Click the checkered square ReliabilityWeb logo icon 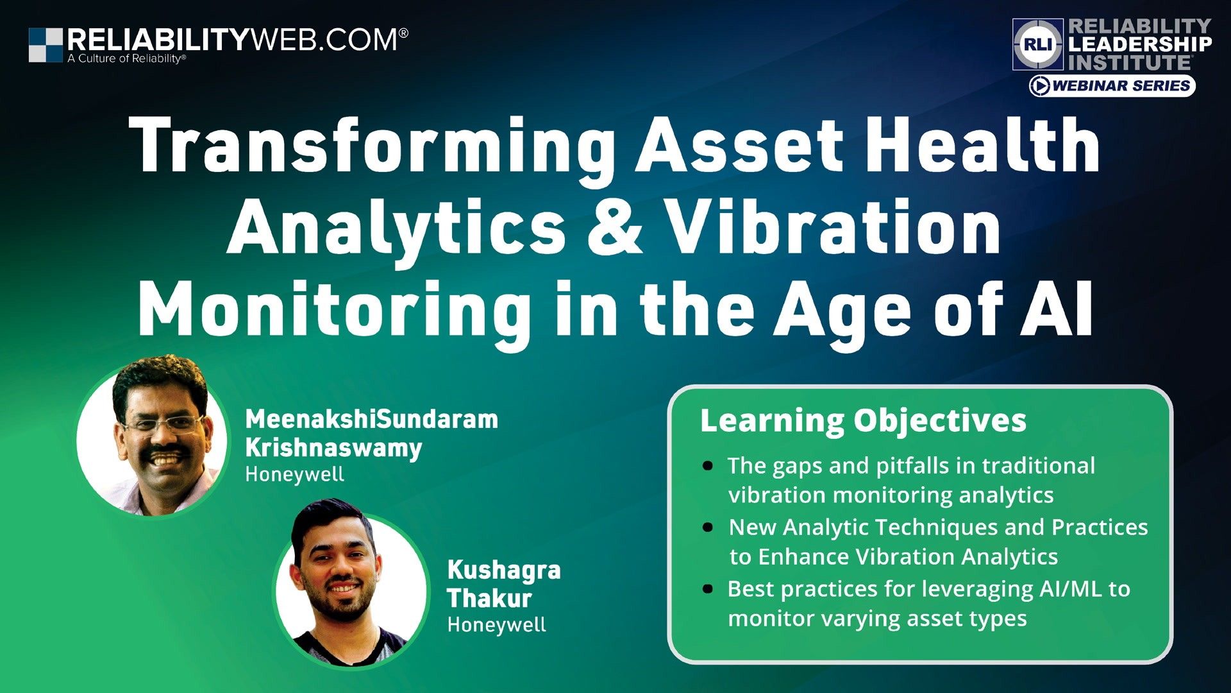pos(46,45)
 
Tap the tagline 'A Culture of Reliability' pos(126,59)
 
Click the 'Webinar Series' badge pos(1112,86)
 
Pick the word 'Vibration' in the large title pos(833,228)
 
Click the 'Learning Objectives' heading pos(863,421)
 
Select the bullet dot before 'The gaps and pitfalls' pos(708,466)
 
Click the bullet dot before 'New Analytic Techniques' pos(708,527)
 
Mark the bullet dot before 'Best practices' pos(708,589)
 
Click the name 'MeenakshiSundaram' pos(371,419)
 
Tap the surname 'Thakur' pos(489,598)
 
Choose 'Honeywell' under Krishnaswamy pos(294,475)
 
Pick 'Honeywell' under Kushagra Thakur pos(496,624)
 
